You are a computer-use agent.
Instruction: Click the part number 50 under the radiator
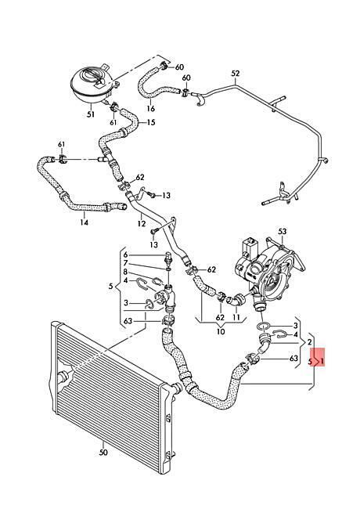click(x=103, y=453)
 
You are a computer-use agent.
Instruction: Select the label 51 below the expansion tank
click(x=91, y=114)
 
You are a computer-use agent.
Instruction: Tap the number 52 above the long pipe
click(x=236, y=74)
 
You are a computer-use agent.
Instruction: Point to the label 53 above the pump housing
click(x=283, y=232)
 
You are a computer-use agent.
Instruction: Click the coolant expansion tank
click(x=92, y=81)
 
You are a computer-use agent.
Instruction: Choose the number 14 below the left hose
click(x=84, y=222)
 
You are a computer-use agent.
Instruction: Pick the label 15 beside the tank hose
click(x=151, y=122)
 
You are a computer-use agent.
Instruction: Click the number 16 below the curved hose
click(x=151, y=108)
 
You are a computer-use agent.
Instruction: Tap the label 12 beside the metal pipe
click(x=142, y=224)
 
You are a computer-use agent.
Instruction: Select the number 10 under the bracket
click(x=221, y=332)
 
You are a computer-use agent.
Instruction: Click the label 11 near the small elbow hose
click(x=236, y=317)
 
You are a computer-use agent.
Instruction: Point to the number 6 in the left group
click(x=125, y=254)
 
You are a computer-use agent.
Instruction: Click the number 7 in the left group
click(x=125, y=263)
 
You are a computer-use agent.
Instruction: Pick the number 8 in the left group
click(x=125, y=272)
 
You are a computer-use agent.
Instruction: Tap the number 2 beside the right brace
click(x=309, y=342)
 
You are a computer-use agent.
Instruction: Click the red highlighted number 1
click(x=322, y=361)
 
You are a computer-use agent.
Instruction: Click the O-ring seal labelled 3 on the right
click(x=264, y=326)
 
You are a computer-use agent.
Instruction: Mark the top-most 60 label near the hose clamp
click(x=179, y=67)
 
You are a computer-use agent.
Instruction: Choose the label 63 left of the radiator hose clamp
click(x=128, y=321)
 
